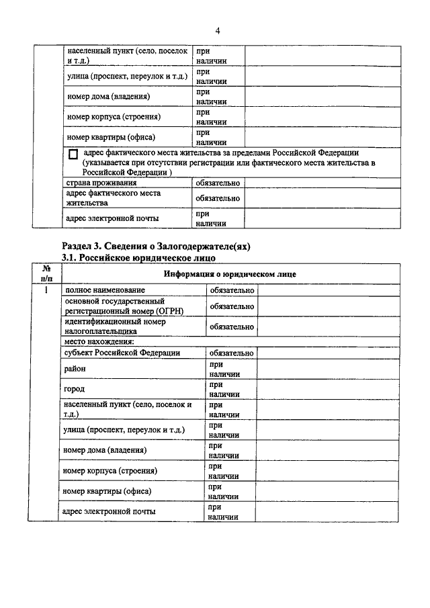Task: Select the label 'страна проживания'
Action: (x=101, y=183)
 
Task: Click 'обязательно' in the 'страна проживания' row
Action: (x=217, y=183)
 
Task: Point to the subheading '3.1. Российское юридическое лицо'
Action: (x=139, y=257)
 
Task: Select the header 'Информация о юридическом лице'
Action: (x=229, y=274)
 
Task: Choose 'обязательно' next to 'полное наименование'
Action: (x=231, y=290)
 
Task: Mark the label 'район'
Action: (x=75, y=369)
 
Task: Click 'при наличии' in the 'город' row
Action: (x=224, y=389)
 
